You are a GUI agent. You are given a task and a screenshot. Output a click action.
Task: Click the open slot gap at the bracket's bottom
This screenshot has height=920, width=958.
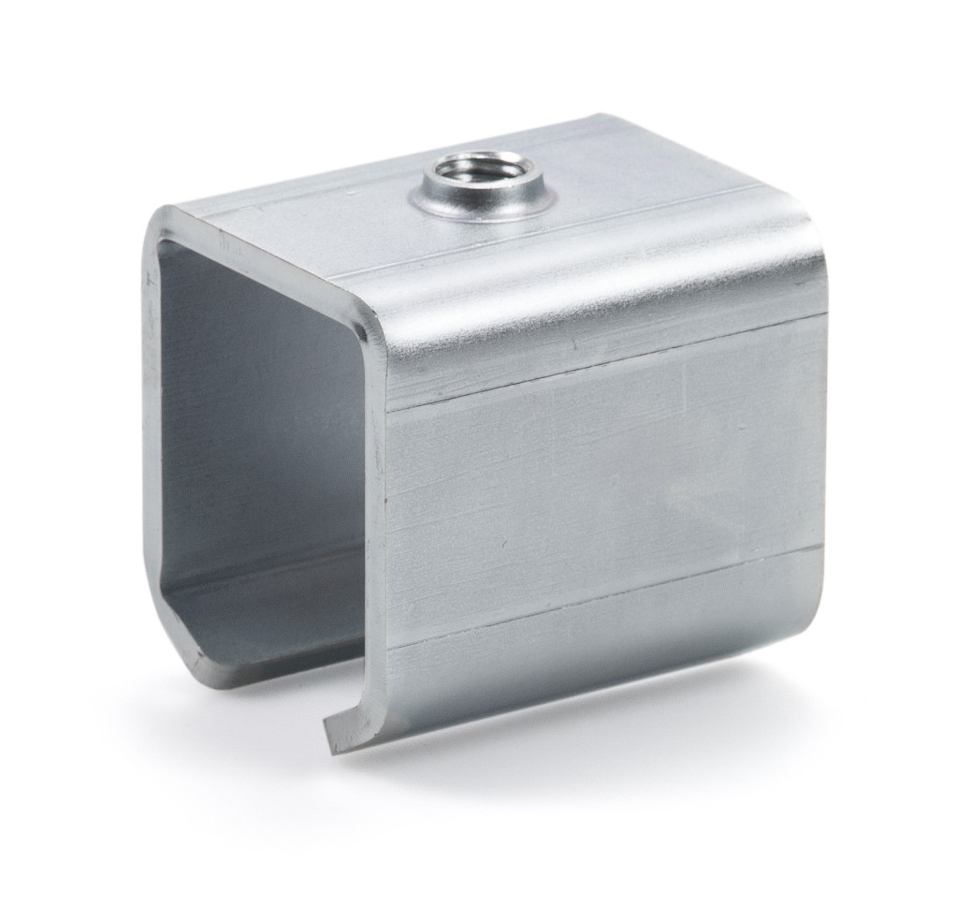pos(271,697)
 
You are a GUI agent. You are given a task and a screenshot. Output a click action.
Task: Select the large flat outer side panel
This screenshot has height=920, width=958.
pos(599,487)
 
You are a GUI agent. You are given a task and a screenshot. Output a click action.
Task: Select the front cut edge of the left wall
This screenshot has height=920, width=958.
pos(150,421)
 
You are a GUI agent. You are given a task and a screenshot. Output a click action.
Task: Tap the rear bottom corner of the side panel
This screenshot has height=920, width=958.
pos(823,599)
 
